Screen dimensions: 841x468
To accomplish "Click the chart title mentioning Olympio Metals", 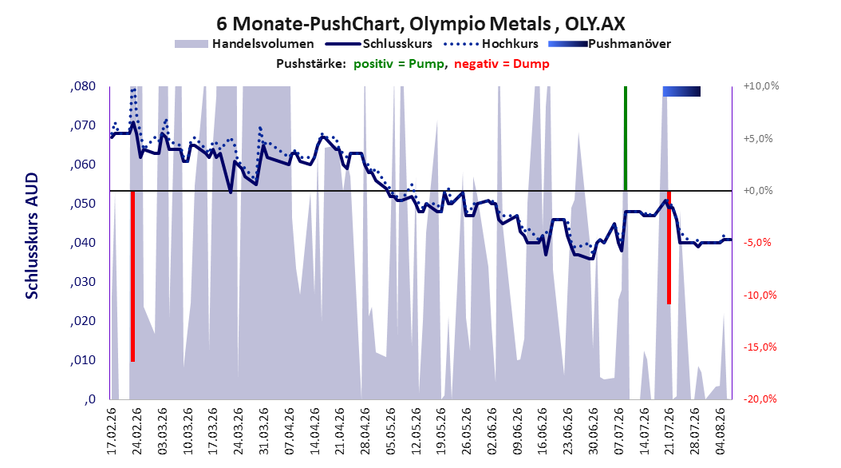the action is click(x=421, y=24).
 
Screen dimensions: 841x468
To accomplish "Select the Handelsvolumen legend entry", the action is click(x=245, y=44).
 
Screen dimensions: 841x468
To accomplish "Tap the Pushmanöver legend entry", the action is click(x=610, y=44).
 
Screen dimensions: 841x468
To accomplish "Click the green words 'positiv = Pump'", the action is click(x=398, y=64).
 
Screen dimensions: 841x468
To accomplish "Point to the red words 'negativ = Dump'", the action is click(x=502, y=64).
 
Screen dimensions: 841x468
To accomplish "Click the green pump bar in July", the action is click(x=626, y=138).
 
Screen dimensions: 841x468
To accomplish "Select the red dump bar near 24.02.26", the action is click(x=132, y=276).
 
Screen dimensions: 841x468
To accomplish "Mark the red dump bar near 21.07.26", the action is click(x=669, y=248).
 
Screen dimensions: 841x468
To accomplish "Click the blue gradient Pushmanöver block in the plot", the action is click(x=681, y=91).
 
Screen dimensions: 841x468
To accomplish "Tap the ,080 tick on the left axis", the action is click(x=83, y=86).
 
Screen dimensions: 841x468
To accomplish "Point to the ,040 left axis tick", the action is click(x=83, y=243).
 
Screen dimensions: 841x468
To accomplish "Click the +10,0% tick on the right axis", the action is click(x=761, y=86).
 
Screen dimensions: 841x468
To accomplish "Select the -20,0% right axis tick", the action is click(x=760, y=399).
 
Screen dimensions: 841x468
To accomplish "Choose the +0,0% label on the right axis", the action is click(x=758, y=191).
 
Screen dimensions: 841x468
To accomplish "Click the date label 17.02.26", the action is click(x=112, y=431).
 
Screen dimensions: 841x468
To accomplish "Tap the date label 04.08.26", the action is click(x=721, y=431).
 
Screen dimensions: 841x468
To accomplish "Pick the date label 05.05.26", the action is click(x=391, y=431).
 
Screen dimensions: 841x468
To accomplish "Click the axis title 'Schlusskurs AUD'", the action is click(x=32, y=236).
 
